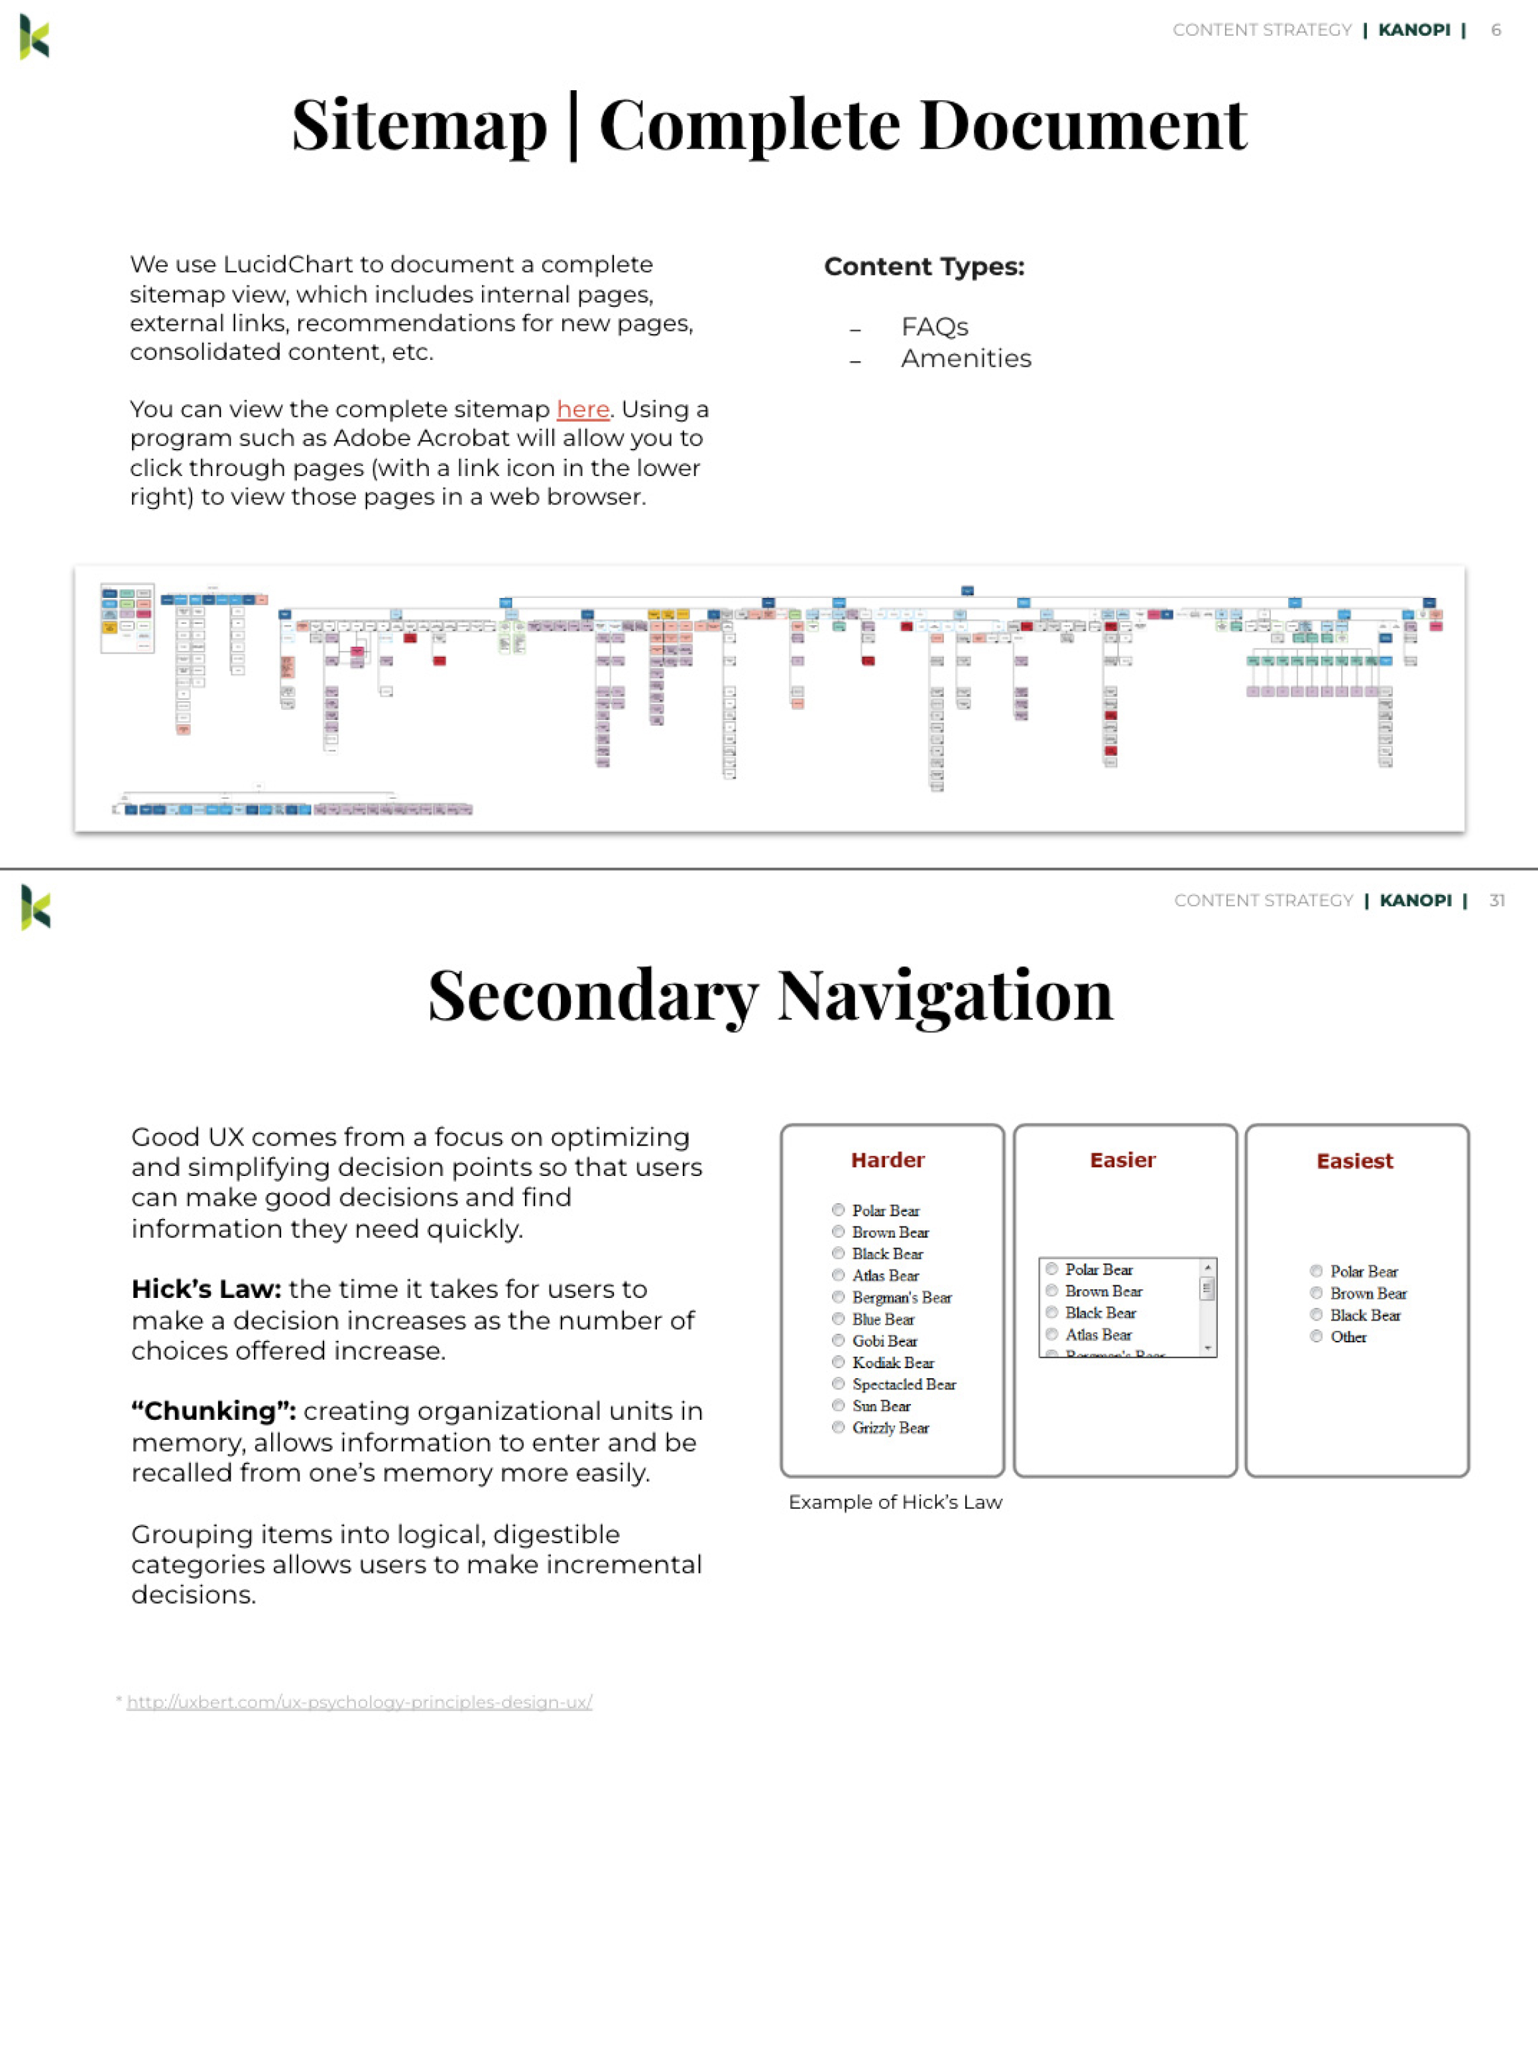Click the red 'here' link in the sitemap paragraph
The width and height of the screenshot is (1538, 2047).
click(x=582, y=409)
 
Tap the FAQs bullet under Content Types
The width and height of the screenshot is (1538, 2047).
click(x=933, y=327)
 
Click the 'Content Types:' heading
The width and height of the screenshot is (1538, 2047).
click(x=923, y=266)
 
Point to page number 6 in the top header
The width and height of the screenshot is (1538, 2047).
click(x=1496, y=30)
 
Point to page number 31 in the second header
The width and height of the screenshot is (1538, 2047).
click(x=1496, y=900)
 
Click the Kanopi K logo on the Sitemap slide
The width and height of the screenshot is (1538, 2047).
click(x=34, y=38)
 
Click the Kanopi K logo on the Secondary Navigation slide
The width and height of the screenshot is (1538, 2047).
click(x=35, y=907)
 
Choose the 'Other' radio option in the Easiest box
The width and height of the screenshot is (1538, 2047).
click(x=1316, y=1336)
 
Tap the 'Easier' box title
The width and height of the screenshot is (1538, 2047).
click(x=1122, y=1161)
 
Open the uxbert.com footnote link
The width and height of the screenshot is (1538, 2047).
click(x=359, y=1702)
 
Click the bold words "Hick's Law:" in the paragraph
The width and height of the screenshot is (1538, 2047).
click(x=206, y=1289)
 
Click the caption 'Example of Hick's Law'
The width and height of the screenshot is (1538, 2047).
click(x=895, y=1502)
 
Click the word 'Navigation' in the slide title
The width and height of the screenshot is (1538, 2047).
click(x=944, y=996)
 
